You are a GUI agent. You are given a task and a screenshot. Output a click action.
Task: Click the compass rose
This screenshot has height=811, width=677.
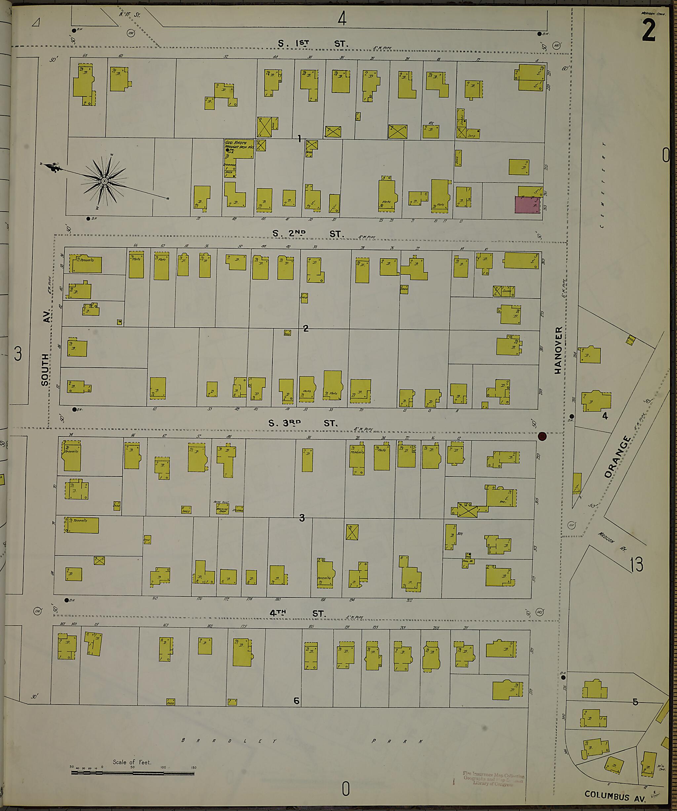pos(104,181)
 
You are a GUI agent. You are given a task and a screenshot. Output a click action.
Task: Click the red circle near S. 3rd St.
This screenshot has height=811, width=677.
pos(542,436)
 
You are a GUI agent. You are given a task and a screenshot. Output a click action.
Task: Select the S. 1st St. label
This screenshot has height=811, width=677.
pos(313,44)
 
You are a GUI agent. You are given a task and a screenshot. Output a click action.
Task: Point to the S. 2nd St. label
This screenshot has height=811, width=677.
pos(307,234)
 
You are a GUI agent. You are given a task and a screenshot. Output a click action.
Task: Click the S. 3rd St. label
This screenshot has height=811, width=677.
pos(303,423)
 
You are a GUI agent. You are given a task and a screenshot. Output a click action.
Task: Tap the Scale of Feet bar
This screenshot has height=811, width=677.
pos(133,773)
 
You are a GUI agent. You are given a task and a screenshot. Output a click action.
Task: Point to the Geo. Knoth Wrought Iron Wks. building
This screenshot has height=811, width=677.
pos(239,149)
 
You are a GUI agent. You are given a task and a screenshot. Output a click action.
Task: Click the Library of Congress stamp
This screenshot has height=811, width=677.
pos(493,779)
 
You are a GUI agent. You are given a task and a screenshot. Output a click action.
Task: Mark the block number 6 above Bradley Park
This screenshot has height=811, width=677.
pos(296,701)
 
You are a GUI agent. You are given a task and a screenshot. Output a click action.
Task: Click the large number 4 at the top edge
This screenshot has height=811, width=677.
pos(342,18)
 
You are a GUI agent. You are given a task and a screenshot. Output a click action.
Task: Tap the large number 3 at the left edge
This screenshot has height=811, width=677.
pos(18,354)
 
